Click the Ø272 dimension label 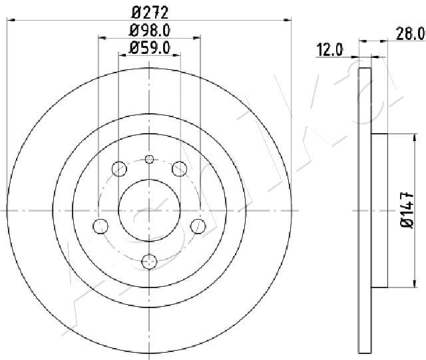[x=150, y=13]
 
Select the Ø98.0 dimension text [x=150, y=31]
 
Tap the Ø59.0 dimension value [x=150, y=48]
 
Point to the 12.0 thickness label [x=330, y=50]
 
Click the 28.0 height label [x=411, y=34]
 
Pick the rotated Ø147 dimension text [x=407, y=210]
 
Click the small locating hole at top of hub [x=149, y=159]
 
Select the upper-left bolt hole [x=119, y=168]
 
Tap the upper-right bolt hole [x=180, y=168]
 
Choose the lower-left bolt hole [x=101, y=226]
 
